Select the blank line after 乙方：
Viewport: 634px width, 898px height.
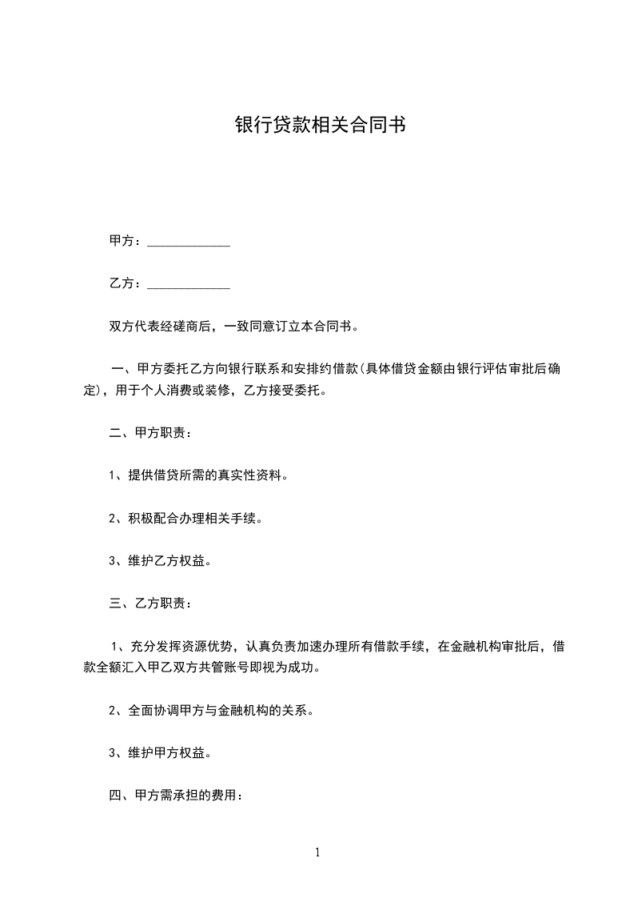tap(189, 284)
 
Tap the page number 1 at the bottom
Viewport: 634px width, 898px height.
tap(317, 852)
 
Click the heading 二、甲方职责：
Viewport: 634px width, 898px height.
tap(150, 433)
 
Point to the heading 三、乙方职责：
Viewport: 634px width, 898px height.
tap(150, 603)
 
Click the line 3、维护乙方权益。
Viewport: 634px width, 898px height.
tap(160, 561)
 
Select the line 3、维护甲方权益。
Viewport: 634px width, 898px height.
tap(160, 752)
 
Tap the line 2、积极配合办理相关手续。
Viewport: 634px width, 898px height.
tap(185, 519)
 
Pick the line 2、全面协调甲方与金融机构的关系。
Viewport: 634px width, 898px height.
tap(210, 710)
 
